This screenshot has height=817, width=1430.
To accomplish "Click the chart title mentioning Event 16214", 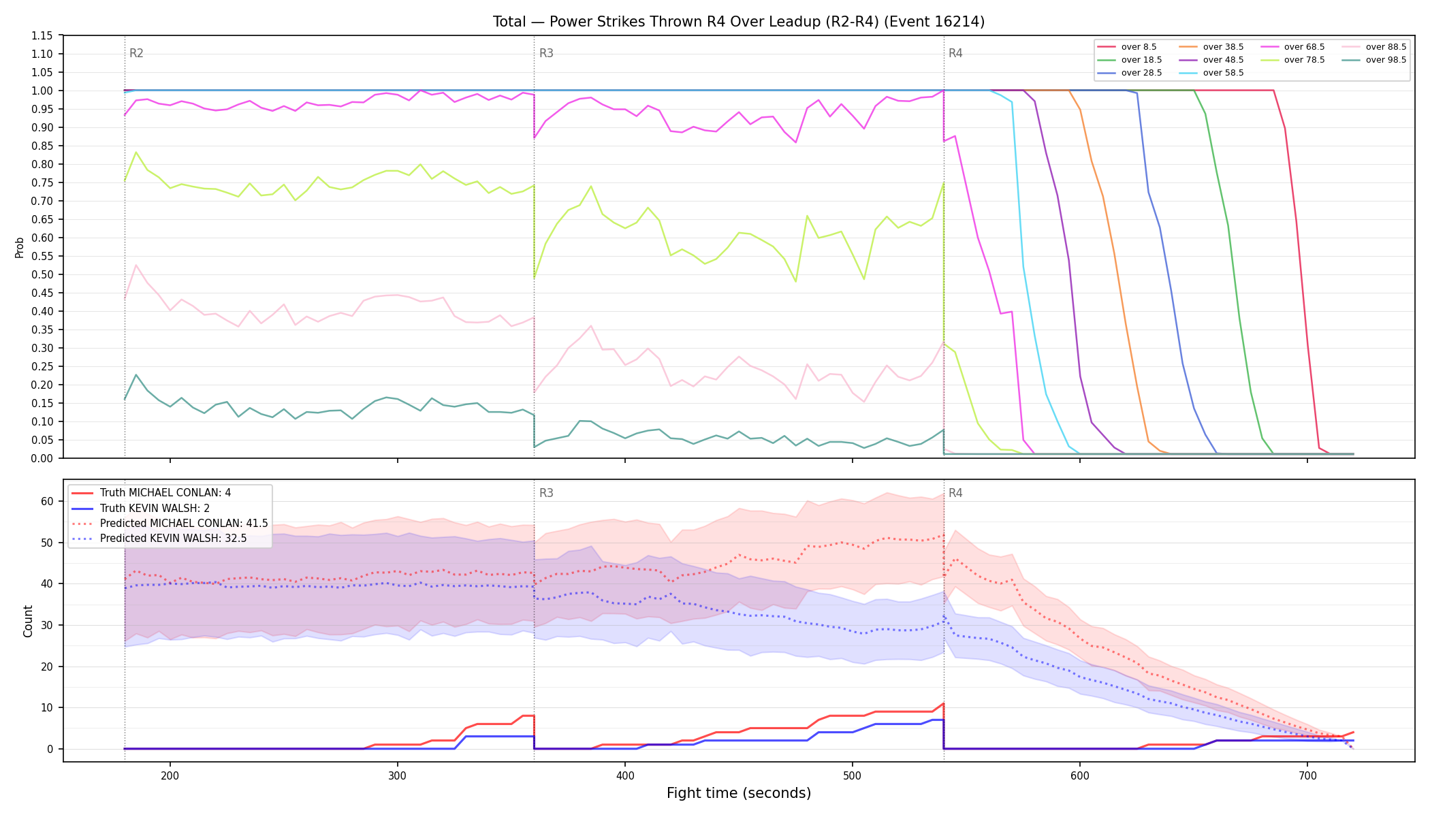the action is pos(739,22).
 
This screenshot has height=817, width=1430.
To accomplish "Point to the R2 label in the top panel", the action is pos(136,53).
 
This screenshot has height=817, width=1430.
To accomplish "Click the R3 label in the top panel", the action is pos(546,53).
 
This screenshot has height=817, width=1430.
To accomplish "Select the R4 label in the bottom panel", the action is pos(955,493).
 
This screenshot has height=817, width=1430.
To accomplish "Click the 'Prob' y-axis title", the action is pos(19,247).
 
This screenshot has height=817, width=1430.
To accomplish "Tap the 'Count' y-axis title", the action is pos(28,621).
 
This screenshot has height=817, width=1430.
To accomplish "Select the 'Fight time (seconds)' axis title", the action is pos(739,793).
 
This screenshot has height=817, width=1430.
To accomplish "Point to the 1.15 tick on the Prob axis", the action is pos(42,35).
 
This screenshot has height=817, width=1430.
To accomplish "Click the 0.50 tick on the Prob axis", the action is pos(42,274).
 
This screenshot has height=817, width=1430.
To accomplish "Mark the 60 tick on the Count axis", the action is pos(47,501).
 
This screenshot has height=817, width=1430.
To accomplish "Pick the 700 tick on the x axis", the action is pos(1307,775).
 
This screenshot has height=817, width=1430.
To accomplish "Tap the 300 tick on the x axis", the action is pos(398,775).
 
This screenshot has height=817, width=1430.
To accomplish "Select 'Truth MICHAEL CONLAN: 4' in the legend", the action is pos(165,493).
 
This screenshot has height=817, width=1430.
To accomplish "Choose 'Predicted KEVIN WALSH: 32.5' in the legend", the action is pos(174,539).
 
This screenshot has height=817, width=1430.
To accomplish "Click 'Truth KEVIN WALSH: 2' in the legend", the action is pos(155,508).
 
